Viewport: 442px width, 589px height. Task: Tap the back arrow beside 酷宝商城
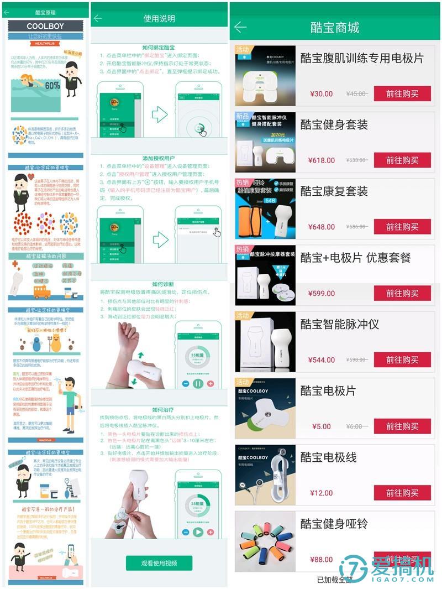pos(240,27)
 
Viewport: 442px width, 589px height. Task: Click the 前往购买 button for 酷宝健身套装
pos(402,160)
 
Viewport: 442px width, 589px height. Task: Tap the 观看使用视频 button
pos(159,563)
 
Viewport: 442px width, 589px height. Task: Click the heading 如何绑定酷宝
pos(159,48)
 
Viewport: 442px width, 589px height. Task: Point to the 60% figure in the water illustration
pos(52,86)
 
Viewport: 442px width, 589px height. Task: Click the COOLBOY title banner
pos(45,27)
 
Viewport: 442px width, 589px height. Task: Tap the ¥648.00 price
pos(322,227)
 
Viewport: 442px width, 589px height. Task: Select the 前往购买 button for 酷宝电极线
pos(402,493)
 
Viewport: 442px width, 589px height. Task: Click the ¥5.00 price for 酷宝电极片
pos(321,426)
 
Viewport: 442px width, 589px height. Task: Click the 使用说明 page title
pos(159,18)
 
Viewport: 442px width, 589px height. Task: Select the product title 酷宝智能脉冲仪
pos(339,324)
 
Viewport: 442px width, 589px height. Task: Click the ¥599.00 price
pos(322,293)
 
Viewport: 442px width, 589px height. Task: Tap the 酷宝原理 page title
pos(45,12)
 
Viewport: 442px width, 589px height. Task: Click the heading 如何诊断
pos(159,284)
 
